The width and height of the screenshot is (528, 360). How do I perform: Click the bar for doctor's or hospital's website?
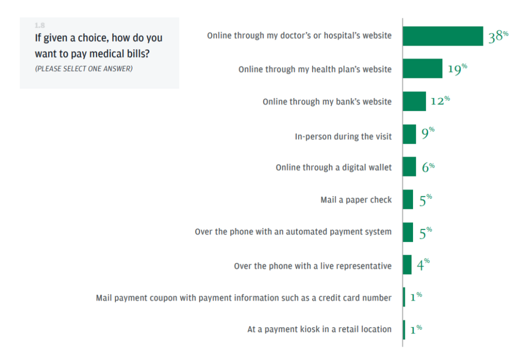pyautogui.click(x=443, y=36)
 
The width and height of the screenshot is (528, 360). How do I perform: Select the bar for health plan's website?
pyautogui.click(x=422, y=69)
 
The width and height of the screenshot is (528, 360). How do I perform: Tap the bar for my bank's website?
pyautogui.click(x=415, y=101)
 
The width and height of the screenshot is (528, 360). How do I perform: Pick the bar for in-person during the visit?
pyautogui.click(x=409, y=134)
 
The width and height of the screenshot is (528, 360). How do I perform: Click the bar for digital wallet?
pyautogui.click(x=409, y=167)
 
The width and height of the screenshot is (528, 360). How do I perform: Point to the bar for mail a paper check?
pyautogui.click(x=408, y=199)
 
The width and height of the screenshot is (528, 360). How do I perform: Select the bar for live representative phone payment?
pyautogui.click(x=407, y=265)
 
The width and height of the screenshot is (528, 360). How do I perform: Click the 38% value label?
pyautogui.click(x=498, y=37)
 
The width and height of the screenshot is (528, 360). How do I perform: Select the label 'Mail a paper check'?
pyautogui.click(x=356, y=200)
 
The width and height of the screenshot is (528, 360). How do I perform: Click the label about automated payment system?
pyautogui.click(x=293, y=232)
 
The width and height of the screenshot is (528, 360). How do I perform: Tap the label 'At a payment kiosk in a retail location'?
pyautogui.click(x=319, y=329)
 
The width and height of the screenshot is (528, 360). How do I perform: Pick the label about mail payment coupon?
pyautogui.click(x=243, y=298)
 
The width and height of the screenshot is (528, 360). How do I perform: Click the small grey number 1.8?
pyautogui.click(x=40, y=25)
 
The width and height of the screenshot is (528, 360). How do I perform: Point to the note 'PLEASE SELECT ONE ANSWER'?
pyautogui.click(x=84, y=69)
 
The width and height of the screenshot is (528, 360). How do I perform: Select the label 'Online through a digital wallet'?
pyautogui.click(x=334, y=167)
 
